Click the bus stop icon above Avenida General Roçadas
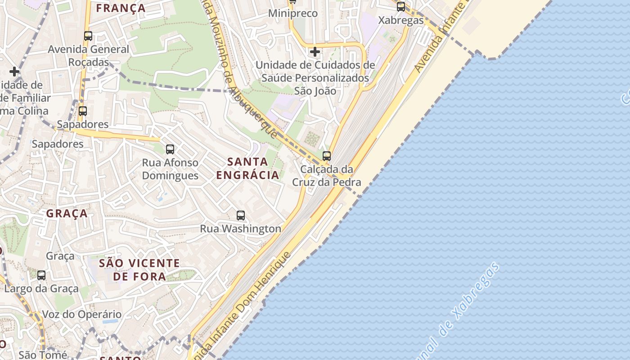[x=88, y=36]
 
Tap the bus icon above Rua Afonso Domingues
[x=170, y=149]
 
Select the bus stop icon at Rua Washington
[x=241, y=216]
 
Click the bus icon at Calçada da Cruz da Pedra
[x=327, y=156]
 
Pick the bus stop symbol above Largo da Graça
[x=41, y=275]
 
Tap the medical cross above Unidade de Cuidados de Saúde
[x=315, y=52]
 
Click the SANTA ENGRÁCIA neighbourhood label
[x=247, y=168]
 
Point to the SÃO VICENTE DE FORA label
[x=139, y=270]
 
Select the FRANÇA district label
[x=121, y=8]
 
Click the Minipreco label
[x=292, y=13]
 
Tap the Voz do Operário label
[x=81, y=315]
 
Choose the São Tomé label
[x=43, y=355]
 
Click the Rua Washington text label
[x=240, y=229]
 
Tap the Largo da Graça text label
[x=41, y=288]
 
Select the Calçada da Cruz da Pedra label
[x=327, y=176]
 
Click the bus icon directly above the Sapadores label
[x=83, y=111]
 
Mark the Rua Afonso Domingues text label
[x=170, y=169]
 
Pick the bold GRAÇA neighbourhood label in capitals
[x=67, y=214]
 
